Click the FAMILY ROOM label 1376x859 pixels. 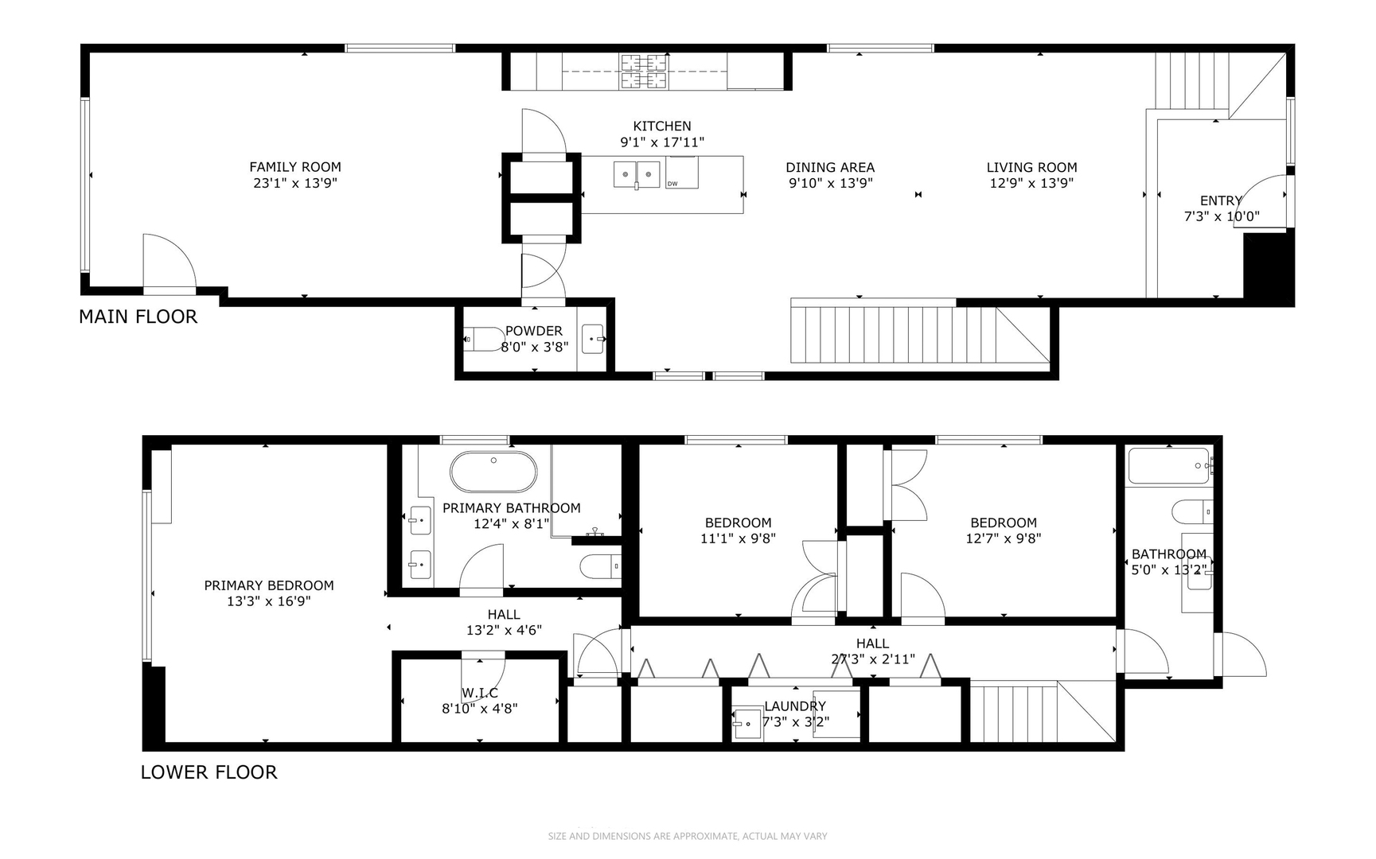294,167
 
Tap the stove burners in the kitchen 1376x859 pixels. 644,71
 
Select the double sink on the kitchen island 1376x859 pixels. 637,173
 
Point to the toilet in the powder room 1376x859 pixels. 482,340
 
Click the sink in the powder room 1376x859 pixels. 594,339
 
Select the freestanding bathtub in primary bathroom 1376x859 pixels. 493,472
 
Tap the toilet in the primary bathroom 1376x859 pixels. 599,566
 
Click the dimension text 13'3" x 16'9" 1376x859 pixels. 268,601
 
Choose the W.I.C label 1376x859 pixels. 479,693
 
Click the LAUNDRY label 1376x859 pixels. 794,706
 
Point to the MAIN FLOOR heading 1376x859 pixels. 138,317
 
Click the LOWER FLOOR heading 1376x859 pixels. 209,772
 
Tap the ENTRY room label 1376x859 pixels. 1220,201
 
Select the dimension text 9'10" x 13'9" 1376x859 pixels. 830,183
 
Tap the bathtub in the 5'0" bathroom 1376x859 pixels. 1168,466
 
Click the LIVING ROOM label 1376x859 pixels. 1031,168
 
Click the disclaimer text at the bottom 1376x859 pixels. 688,836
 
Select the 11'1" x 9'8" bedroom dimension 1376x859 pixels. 738,538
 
